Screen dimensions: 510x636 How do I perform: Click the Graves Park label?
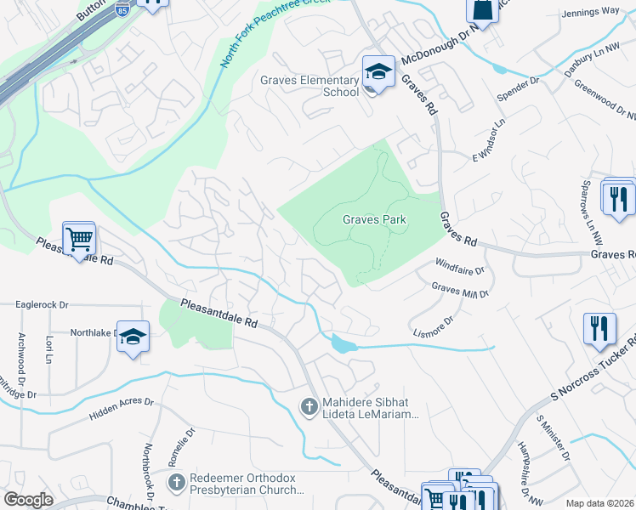pos(374,219)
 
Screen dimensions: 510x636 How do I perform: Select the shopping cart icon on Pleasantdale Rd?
pos(79,240)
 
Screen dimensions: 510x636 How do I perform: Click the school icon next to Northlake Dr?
pos(133,337)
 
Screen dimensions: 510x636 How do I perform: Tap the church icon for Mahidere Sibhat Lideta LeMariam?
pos(311,407)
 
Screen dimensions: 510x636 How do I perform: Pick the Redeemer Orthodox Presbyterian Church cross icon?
pos(176,484)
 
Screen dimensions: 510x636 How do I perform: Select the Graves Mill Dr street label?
pos(460,291)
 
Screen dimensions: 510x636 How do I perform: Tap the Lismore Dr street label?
pos(433,326)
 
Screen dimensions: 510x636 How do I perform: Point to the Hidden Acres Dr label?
pos(120,409)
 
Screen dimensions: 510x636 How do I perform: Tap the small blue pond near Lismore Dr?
pos(342,344)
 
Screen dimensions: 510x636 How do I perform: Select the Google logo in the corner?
pos(28,500)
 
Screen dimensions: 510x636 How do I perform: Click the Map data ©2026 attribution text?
pos(599,503)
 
